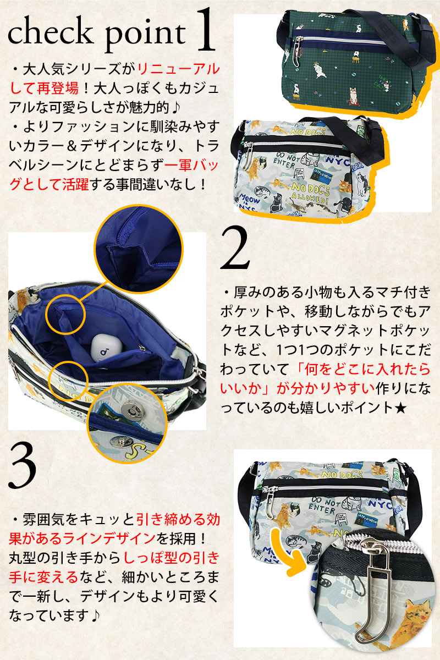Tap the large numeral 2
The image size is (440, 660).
(x=235, y=248)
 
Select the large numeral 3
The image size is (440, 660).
(x=23, y=466)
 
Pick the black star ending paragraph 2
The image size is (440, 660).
(x=400, y=408)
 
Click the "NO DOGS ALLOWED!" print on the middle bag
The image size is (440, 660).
(x=310, y=194)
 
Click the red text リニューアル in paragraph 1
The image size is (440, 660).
(x=179, y=69)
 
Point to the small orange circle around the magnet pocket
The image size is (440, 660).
(x=68, y=381)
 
